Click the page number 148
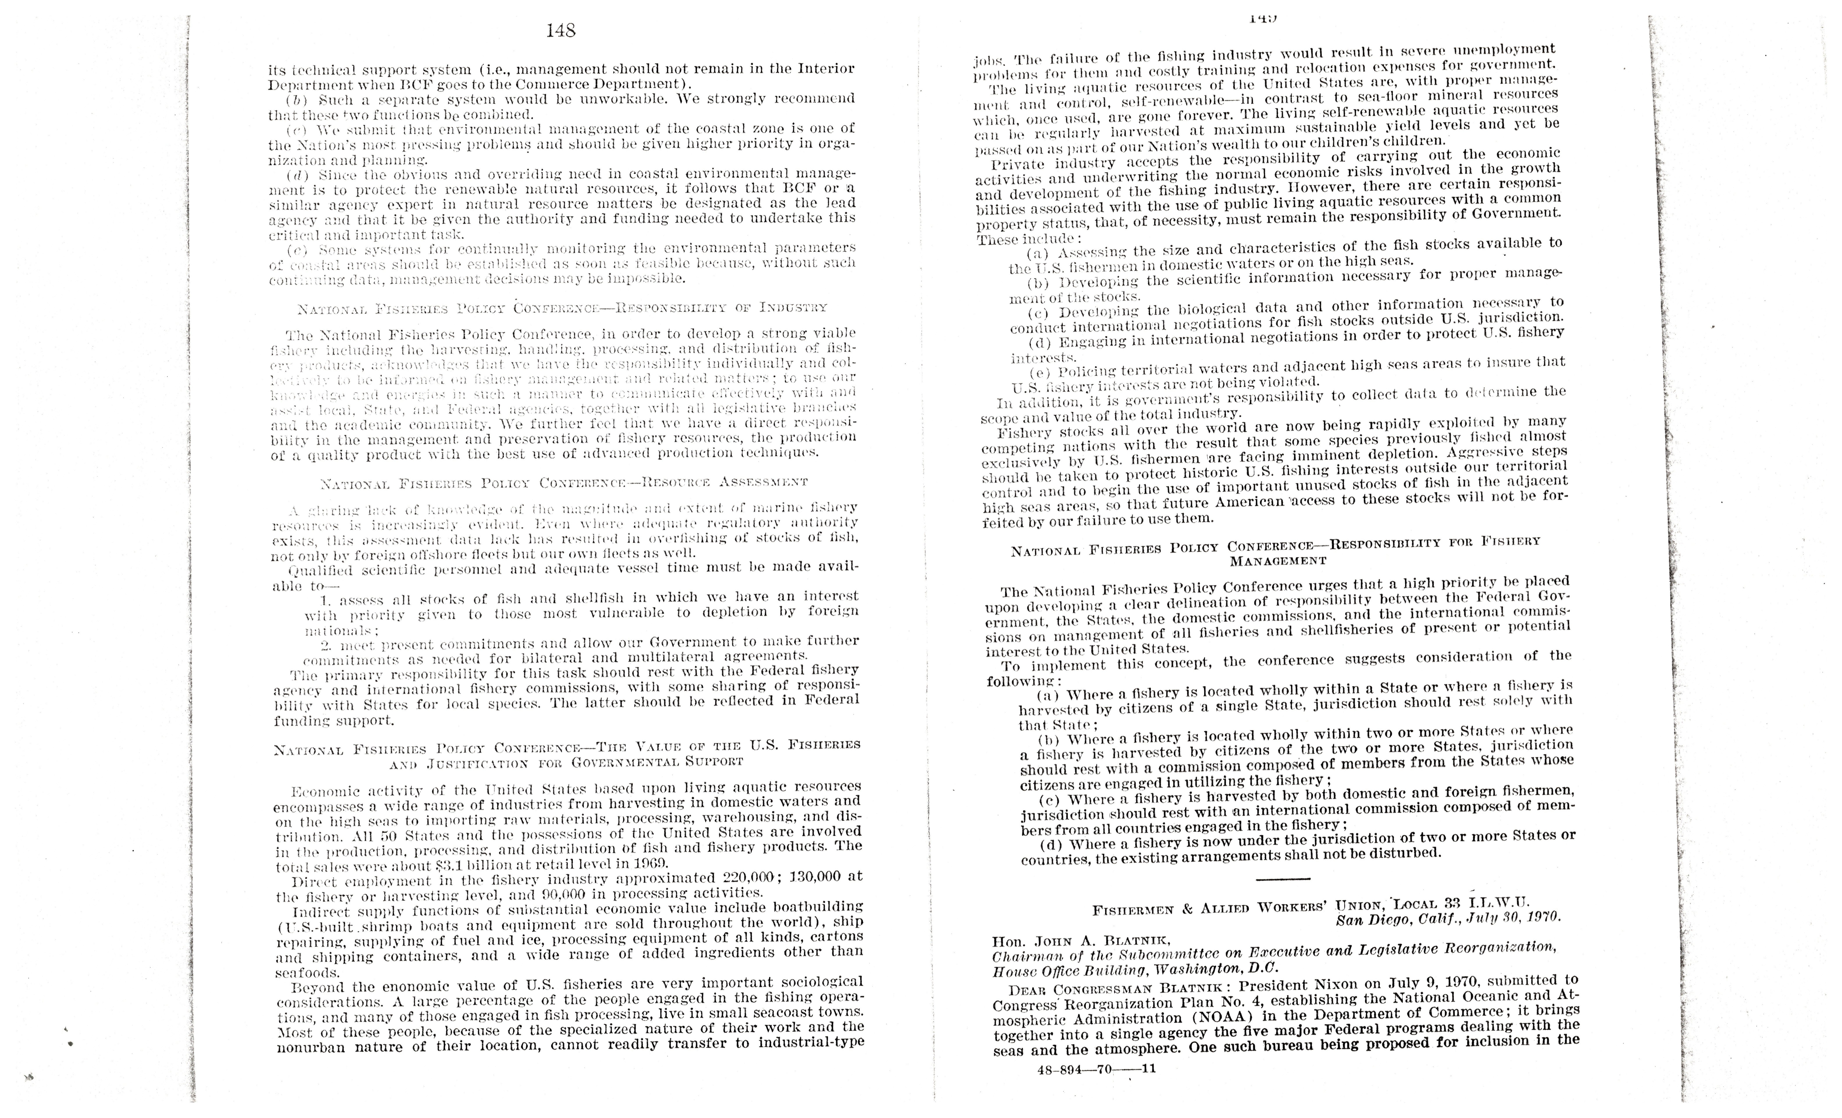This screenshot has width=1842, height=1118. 561,31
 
